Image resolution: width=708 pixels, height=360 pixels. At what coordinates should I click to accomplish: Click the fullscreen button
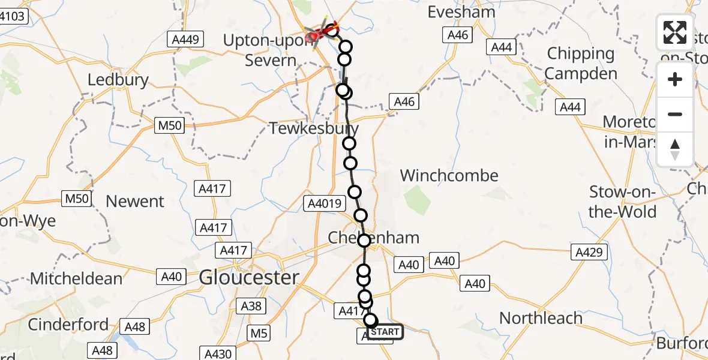[x=675, y=32]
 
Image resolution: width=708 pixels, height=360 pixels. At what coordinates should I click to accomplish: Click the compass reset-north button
[x=675, y=149]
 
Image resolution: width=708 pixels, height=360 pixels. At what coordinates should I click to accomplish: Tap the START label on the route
[x=385, y=332]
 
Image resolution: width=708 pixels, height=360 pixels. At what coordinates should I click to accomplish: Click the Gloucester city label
[x=249, y=277]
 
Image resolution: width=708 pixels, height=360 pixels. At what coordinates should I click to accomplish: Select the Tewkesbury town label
[x=314, y=128]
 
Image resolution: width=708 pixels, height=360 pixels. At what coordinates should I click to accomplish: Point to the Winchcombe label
[x=449, y=176]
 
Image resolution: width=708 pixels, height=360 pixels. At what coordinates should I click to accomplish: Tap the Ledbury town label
[x=118, y=80]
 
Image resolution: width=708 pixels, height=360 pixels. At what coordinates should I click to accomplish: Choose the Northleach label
[x=541, y=317]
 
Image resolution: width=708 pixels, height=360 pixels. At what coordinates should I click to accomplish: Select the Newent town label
[x=135, y=202]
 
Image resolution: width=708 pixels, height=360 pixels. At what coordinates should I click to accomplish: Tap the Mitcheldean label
[x=76, y=278]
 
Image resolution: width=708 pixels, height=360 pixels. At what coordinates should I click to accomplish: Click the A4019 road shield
[x=324, y=203]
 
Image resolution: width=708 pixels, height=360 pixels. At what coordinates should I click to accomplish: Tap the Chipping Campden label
[x=581, y=64]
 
